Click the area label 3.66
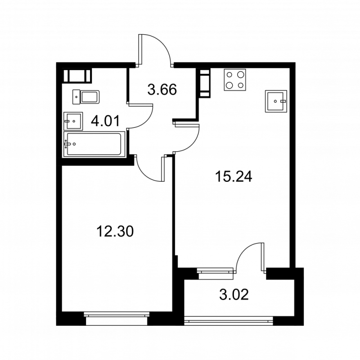[162, 89]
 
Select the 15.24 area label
[233, 176]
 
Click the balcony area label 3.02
[234, 296]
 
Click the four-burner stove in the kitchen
[235, 80]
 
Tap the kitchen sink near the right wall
[275, 101]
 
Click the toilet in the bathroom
[88, 95]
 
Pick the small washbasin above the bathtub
[73, 120]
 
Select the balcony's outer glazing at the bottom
[229, 320]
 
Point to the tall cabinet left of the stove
[205, 83]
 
